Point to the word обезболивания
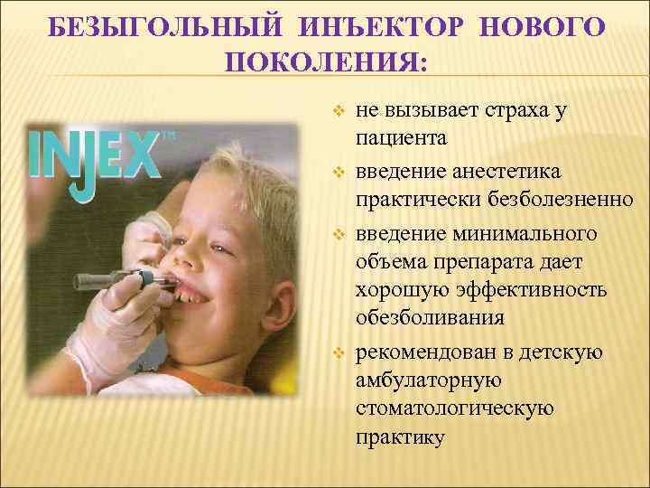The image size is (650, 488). click(x=429, y=320)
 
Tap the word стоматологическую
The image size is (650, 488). click(x=454, y=408)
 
